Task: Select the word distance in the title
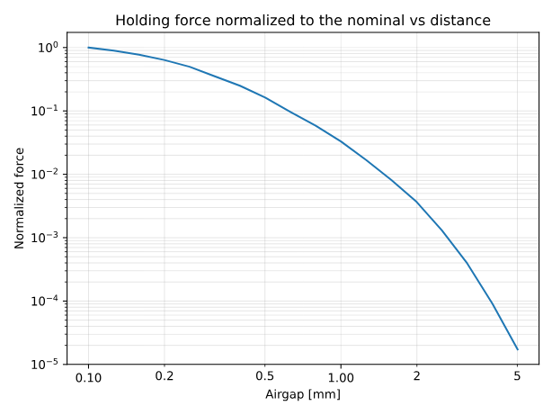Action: click(x=459, y=20)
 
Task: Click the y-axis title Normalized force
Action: click(x=20, y=198)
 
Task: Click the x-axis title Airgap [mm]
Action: click(x=303, y=394)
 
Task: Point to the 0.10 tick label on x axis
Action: click(x=88, y=375)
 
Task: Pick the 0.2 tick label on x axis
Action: click(x=165, y=375)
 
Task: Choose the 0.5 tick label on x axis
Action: click(x=264, y=375)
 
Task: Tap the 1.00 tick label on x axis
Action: click(x=341, y=375)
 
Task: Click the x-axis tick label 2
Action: click(x=416, y=375)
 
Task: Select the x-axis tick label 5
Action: click(x=517, y=375)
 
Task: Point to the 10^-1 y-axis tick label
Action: click(x=47, y=111)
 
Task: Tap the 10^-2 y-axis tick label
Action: click(x=47, y=175)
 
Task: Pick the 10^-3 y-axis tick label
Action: click(x=47, y=238)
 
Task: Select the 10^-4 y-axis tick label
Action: click(x=47, y=301)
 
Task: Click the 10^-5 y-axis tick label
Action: click(x=47, y=364)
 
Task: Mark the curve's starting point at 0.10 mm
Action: click(x=88, y=48)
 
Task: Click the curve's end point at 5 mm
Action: click(x=517, y=349)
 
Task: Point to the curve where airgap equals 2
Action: click(x=416, y=202)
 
